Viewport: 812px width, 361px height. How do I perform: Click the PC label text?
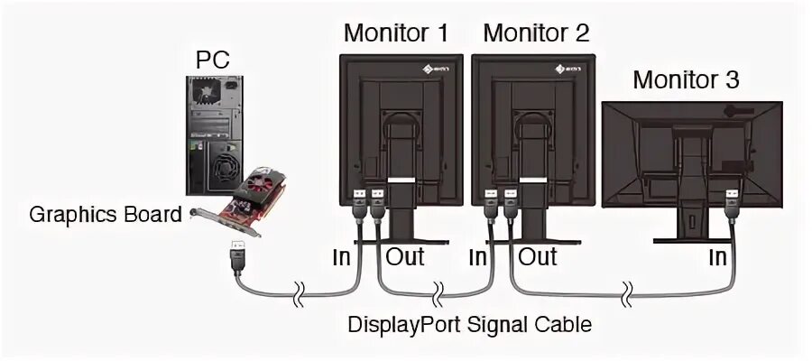pos(213,61)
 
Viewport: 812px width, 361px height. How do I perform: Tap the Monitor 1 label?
pos(396,33)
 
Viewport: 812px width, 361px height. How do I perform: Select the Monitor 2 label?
pos(536,33)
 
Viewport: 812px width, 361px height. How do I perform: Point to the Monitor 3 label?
pos(686,79)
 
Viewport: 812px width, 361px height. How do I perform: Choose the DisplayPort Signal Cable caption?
pos(470,322)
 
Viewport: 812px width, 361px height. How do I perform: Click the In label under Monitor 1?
pos(340,256)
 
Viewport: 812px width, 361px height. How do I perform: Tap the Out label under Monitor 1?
pos(405,256)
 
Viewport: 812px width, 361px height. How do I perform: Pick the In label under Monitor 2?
pos(478,256)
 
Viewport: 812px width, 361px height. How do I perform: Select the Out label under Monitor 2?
pos(538,256)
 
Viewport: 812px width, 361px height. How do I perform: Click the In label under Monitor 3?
pos(717,257)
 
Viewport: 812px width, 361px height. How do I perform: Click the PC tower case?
pos(213,135)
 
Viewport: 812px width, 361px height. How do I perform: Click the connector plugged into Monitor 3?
pos(731,203)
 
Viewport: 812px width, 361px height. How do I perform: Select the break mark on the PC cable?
pos(299,292)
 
